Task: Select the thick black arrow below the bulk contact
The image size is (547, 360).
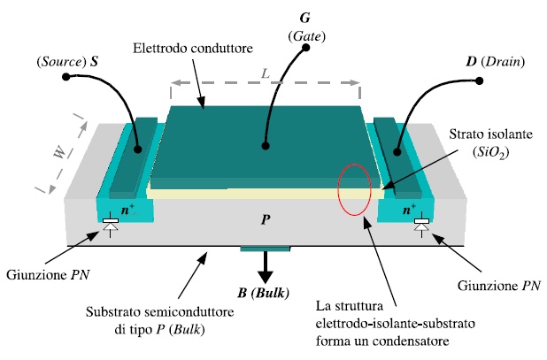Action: click(x=265, y=265)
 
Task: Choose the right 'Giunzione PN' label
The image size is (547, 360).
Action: click(x=498, y=286)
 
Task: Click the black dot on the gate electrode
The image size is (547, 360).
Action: click(x=263, y=147)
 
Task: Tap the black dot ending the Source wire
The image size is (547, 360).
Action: click(x=65, y=78)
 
